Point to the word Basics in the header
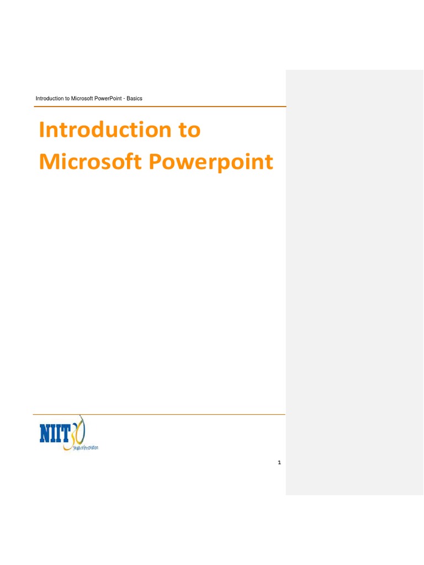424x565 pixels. click(135, 99)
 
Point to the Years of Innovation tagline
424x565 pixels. click(86, 447)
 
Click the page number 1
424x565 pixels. click(279, 462)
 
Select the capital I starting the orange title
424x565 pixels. click(42, 130)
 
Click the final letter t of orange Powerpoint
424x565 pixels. click(269, 162)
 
